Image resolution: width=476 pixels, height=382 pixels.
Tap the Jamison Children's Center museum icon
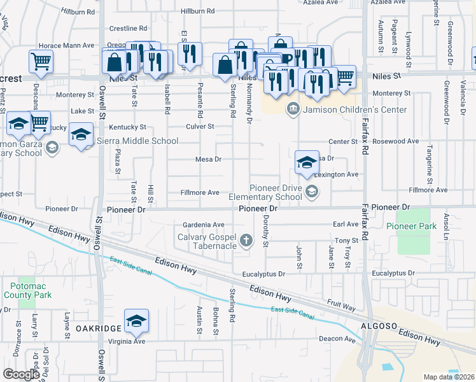(293, 108)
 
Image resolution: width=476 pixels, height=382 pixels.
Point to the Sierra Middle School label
(137, 141)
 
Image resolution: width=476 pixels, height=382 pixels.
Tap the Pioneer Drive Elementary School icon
(312, 191)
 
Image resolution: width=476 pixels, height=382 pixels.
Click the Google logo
(21, 374)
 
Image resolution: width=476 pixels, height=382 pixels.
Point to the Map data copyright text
(449, 377)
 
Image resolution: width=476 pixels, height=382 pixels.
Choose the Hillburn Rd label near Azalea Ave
(197, 11)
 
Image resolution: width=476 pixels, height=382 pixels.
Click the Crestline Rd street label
(128, 29)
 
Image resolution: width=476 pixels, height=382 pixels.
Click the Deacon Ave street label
(337, 340)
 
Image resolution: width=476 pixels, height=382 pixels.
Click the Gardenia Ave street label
(204, 225)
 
